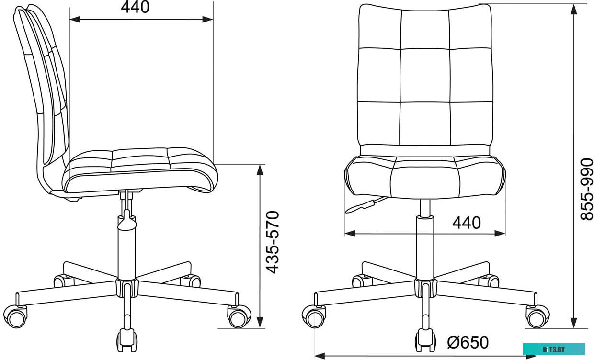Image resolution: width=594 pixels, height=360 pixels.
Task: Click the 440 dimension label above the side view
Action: [x=135, y=8]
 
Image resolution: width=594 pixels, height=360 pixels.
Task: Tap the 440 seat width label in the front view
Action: [x=467, y=223]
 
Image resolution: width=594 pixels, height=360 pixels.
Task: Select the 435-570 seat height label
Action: [x=273, y=242]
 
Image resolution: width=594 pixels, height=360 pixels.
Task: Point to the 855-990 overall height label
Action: [x=586, y=189]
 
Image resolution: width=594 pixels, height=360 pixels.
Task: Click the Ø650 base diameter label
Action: [x=468, y=342]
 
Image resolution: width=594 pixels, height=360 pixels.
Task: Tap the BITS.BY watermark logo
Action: [x=554, y=349]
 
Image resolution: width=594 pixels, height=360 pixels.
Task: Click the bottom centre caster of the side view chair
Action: [x=127, y=340]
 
